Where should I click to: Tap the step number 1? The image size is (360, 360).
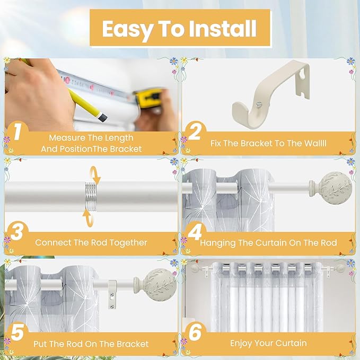point(17,131)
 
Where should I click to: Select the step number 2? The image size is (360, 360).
point(195,131)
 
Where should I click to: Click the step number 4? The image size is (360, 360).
point(195,232)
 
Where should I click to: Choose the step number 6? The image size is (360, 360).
point(195,332)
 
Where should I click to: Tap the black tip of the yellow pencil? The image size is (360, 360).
point(103,117)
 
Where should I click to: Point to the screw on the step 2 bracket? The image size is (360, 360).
point(259,104)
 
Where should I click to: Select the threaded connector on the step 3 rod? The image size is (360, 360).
point(91,197)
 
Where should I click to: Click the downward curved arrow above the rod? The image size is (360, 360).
point(96,175)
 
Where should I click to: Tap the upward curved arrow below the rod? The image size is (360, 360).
point(89,218)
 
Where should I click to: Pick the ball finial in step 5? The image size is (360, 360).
point(155,285)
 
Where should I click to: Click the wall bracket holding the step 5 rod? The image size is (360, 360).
point(112,294)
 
